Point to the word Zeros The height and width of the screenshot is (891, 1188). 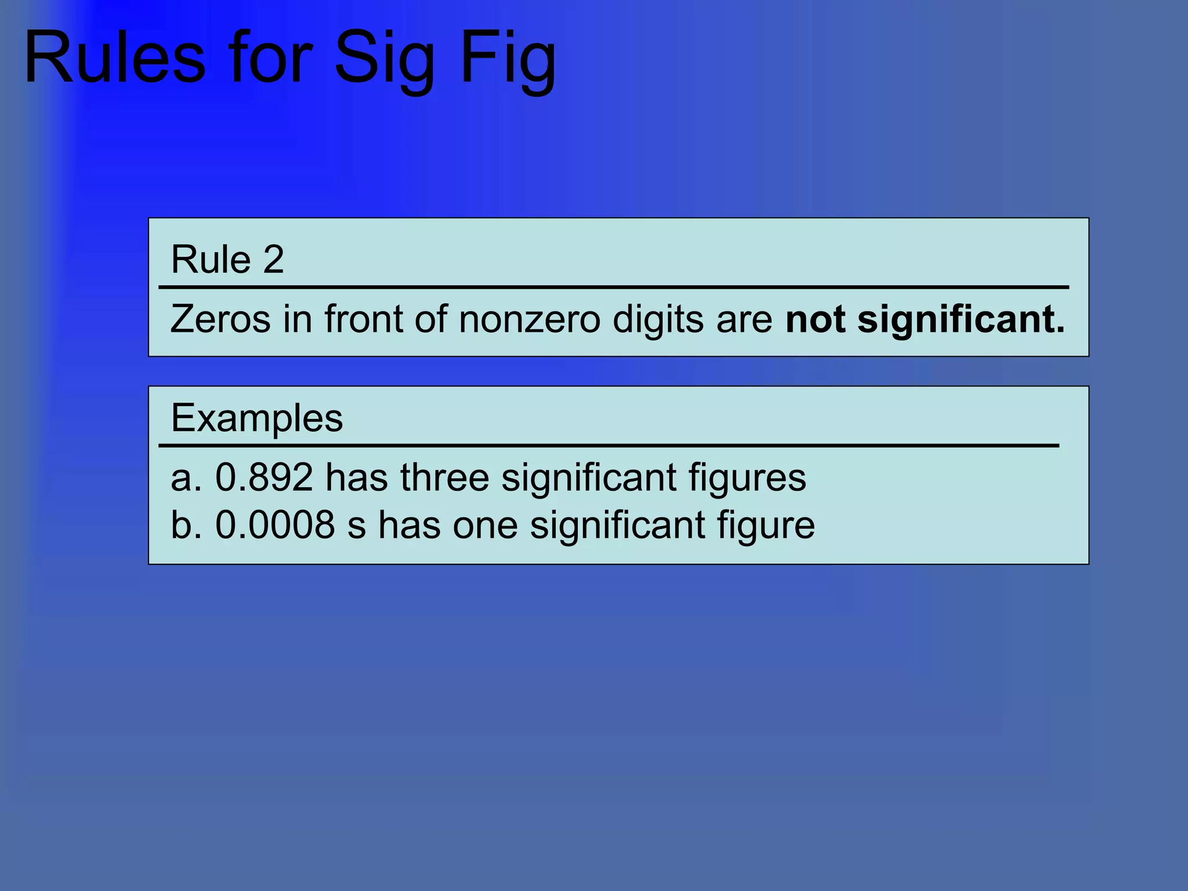(220, 319)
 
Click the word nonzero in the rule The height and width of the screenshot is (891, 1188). (529, 319)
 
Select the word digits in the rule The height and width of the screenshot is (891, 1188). (658, 320)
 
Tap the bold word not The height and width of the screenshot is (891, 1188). (814, 319)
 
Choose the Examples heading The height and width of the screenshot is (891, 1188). (256, 418)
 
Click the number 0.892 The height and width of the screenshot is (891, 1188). (264, 477)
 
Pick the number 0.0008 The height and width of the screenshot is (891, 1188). (275, 525)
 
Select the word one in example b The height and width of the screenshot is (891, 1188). (485, 526)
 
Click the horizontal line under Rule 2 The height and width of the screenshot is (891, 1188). (614, 287)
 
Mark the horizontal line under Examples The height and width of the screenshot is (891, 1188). (609, 445)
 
